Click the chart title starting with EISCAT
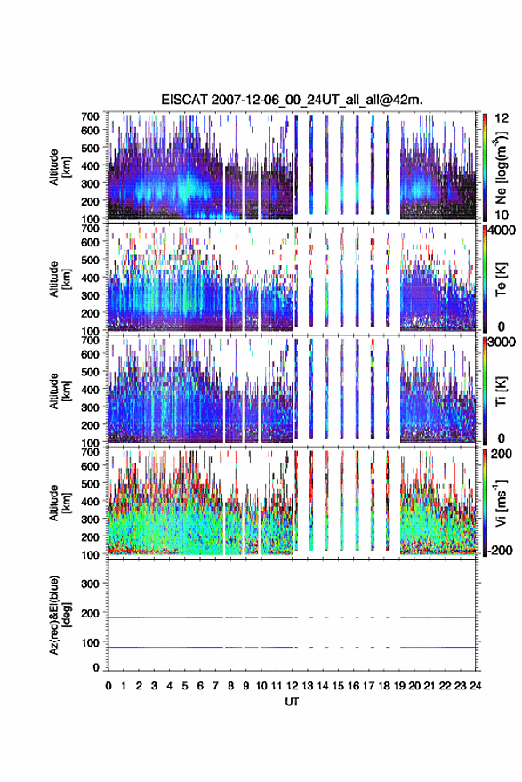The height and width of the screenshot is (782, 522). (292, 100)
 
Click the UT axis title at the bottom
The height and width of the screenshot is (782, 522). (292, 702)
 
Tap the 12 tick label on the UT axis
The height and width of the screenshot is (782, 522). (292, 686)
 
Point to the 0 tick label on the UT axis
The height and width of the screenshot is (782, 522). (108, 686)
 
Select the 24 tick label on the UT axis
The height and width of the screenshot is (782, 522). (475, 686)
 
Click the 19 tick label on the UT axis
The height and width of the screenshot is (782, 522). (399, 686)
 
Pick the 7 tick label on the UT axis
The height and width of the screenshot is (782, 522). (215, 686)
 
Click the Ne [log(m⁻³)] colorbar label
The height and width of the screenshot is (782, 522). (500, 167)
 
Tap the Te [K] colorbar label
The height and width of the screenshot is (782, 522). (501, 279)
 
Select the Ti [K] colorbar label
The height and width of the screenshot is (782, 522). (501, 391)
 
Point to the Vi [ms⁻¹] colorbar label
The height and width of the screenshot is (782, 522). (501, 503)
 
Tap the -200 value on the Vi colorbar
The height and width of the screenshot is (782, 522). (499, 550)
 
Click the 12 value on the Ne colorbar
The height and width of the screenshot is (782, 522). (502, 118)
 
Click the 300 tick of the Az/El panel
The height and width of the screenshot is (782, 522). (90, 584)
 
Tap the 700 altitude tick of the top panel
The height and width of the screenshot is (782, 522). (90, 117)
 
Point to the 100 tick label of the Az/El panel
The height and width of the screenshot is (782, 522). (90, 643)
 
